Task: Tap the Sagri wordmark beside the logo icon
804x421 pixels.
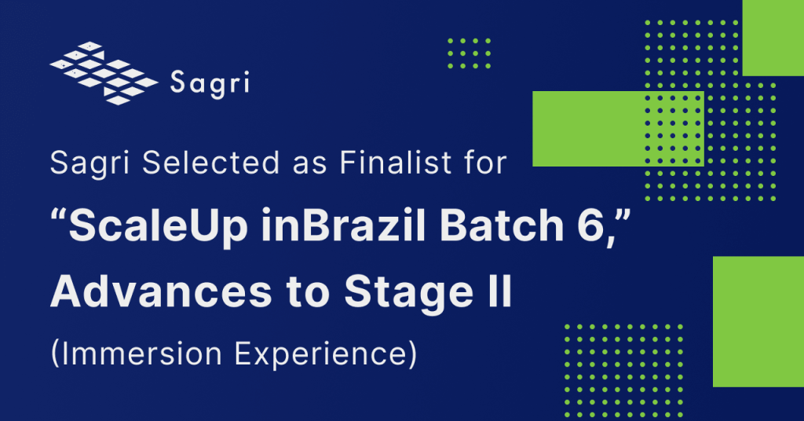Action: point(210,82)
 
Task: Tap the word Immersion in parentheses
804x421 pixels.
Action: point(144,355)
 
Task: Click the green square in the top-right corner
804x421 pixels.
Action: point(773,38)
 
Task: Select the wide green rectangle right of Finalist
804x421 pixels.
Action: point(617,129)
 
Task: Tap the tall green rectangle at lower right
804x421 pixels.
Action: point(758,321)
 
